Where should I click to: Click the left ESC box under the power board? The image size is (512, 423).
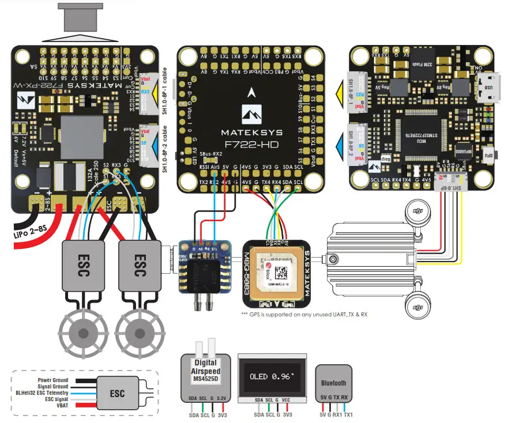click(82, 267)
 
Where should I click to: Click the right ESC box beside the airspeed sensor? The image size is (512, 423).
click(138, 267)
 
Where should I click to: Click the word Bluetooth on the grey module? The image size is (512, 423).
click(333, 383)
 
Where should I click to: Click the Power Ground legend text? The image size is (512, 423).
click(53, 380)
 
